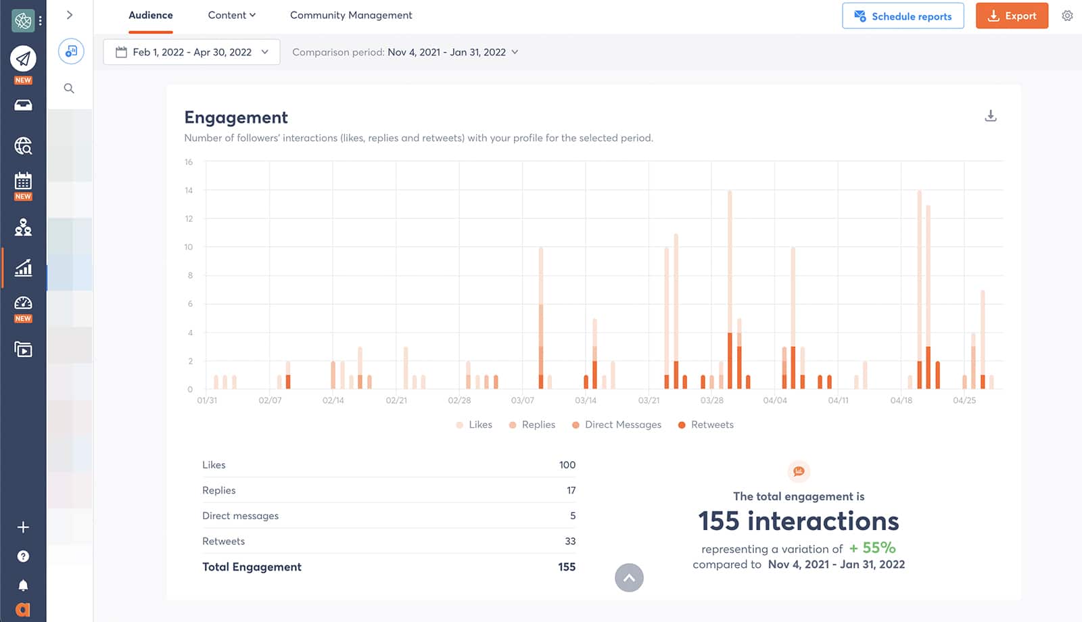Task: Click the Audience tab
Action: pyautogui.click(x=150, y=15)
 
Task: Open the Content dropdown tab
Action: pyautogui.click(x=231, y=15)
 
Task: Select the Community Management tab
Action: pyautogui.click(x=350, y=15)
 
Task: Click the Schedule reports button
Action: pyautogui.click(x=902, y=16)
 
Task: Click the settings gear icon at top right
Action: pyautogui.click(x=1067, y=16)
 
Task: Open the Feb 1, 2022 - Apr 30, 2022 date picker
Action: pyautogui.click(x=191, y=52)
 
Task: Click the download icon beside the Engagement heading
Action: pyautogui.click(x=990, y=116)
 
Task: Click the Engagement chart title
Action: pyautogui.click(x=236, y=118)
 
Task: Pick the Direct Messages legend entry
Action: pyautogui.click(x=616, y=425)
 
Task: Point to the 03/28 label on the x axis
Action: pyautogui.click(x=711, y=400)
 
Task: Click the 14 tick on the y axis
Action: pyautogui.click(x=189, y=191)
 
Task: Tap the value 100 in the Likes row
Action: pyautogui.click(x=567, y=464)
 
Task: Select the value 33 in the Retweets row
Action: pyautogui.click(x=569, y=541)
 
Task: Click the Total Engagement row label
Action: pyautogui.click(x=252, y=567)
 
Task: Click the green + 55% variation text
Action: pyautogui.click(x=872, y=548)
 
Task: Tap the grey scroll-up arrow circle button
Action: pyautogui.click(x=629, y=577)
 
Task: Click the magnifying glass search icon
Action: pyautogui.click(x=69, y=89)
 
